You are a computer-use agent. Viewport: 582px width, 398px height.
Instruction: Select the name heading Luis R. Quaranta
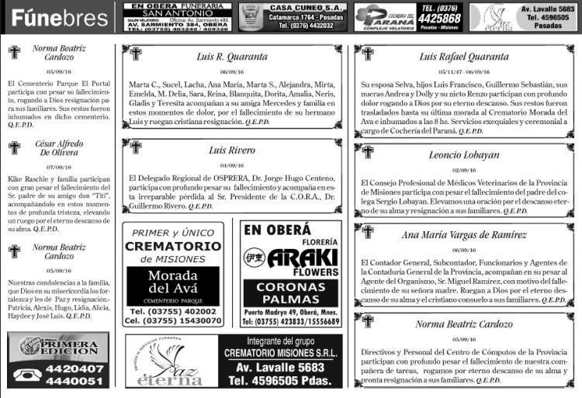(232, 56)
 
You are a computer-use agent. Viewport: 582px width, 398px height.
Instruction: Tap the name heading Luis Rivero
(232, 150)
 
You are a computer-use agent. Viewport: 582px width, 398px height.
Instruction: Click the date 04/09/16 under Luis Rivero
(232, 165)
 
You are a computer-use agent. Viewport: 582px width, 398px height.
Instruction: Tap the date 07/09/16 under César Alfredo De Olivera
(59, 167)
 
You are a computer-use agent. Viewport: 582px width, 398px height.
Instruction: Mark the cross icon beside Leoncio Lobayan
(368, 153)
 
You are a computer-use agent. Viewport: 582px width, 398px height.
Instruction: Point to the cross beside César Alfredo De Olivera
(14, 147)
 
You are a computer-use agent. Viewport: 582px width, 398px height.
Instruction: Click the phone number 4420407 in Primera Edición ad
(74, 369)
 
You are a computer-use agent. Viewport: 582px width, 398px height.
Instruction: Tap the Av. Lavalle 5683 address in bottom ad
(279, 367)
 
